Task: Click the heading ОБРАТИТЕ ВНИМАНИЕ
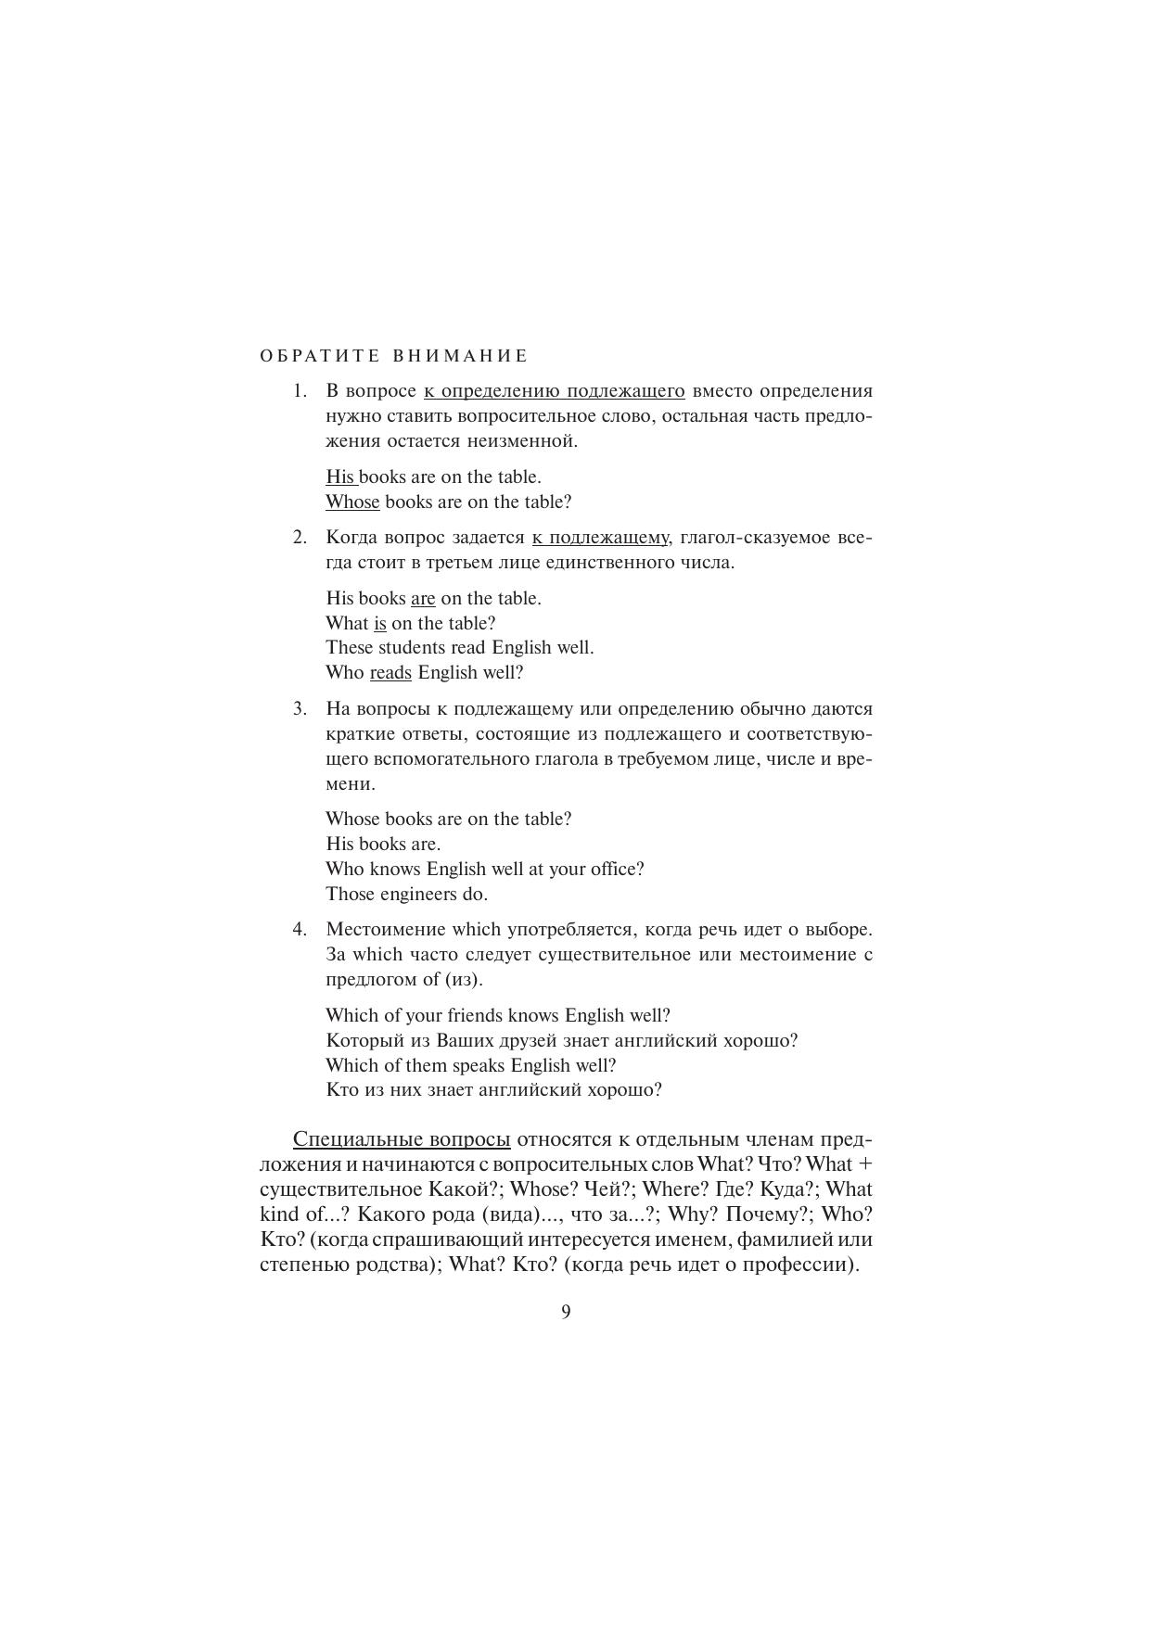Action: pyautogui.click(x=393, y=356)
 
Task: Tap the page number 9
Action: pyautogui.click(x=566, y=1312)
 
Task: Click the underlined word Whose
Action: pyautogui.click(x=352, y=502)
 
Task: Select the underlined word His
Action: pyautogui.click(x=340, y=477)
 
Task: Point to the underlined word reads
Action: pyautogui.click(x=390, y=673)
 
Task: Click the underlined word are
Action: pyautogui.click(x=423, y=599)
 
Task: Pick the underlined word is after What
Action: pyautogui.click(x=380, y=624)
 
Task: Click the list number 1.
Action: pyautogui.click(x=300, y=391)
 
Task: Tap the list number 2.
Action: pyautogui.click(x=300, y=538)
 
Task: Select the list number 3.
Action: pyautogui.click(x=300, y=709)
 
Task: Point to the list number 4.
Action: pyautogui.click(x=300, y=930)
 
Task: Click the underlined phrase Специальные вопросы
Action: pyautogui.click(x=402, y=1139)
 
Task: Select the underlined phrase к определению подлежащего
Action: pyautogui.click(x=555, y=391)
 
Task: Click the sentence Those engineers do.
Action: pyautogui.click(x=406, y=895)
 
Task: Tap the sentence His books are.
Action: pyautogui.click(x=383, y=845)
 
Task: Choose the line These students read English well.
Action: pyautogui.click(x=460, y=648)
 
